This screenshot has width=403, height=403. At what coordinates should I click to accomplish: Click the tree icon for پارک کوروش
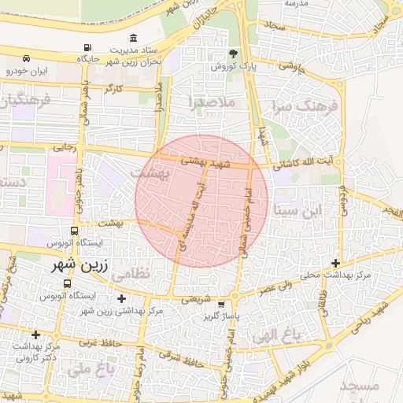(234, 54)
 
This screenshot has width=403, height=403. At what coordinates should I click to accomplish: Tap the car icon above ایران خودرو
(27, 58)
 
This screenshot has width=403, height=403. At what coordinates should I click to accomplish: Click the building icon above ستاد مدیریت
(133, 39)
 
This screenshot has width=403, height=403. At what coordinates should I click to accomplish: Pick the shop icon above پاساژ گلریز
(221, 304)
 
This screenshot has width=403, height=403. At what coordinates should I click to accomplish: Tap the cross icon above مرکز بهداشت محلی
(336, 263)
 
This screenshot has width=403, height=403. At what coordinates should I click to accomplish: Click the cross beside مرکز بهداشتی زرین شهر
(120, 298)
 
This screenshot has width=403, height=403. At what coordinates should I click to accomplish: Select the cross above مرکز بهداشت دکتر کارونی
(35, 335)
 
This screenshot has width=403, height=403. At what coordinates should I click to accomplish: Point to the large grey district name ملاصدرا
(212, 102)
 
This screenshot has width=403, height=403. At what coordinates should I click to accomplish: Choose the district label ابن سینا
(300, 210)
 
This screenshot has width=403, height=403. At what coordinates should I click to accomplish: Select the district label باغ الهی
(276, 336)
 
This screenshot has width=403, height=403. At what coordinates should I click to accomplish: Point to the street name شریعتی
(196, 299)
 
